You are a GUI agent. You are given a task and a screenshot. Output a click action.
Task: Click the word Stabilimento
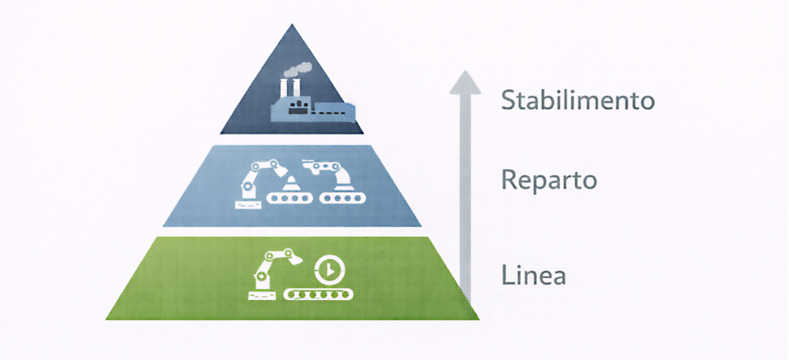[x=578, y=100]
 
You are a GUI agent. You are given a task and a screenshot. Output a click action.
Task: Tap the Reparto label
[x=549, y=181]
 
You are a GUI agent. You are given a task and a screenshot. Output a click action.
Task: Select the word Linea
[x=533, y=276]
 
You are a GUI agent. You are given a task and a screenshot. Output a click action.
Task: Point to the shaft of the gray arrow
[x=466, y=197]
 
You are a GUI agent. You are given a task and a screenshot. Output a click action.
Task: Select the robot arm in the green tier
[x=271, y=268]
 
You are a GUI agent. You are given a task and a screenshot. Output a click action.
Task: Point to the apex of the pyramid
[x=293, y=26]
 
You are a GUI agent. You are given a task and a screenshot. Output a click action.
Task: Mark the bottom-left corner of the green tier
[x=108, y=318]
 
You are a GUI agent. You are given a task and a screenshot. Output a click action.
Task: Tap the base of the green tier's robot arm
[x=260, y=295]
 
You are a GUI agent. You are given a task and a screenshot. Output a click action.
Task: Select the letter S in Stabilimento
[x=509, y=100]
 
